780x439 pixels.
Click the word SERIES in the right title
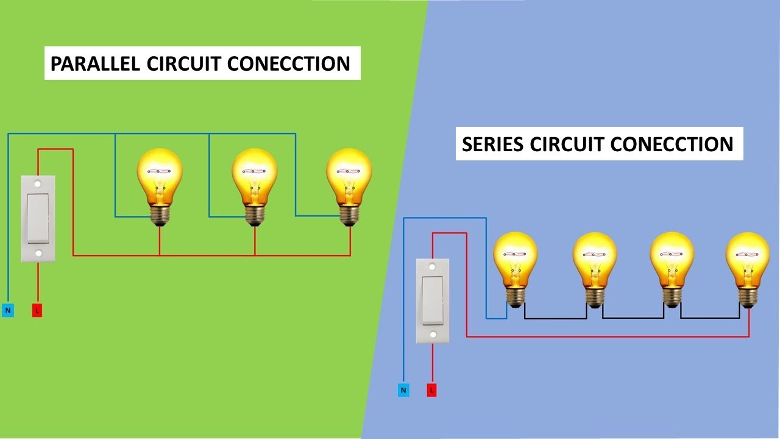pyautogui.click(x=493, y=144)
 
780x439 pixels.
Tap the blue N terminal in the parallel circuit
pyautogui.click(x=8, y=310)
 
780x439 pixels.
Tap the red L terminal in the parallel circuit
pyautogui.click(x=37, y=310)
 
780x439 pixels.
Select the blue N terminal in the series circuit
pyautogui.click(x=403, y=390)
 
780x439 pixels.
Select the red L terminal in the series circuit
pyautogui.click(x=431, y=390)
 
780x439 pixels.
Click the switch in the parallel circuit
pyautogui.click(x=38, y=218)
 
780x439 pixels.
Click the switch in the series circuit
pyautogui.click(x=432, y=300)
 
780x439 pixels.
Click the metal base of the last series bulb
pyautogui.click(x=748, y=296)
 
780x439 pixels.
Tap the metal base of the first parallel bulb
pyautogui.click(x=160, y=214)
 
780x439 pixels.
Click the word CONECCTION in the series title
pyautogui.click(x=672, y=144)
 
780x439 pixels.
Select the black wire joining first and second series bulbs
pyautogui.click(x=556, y=318)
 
